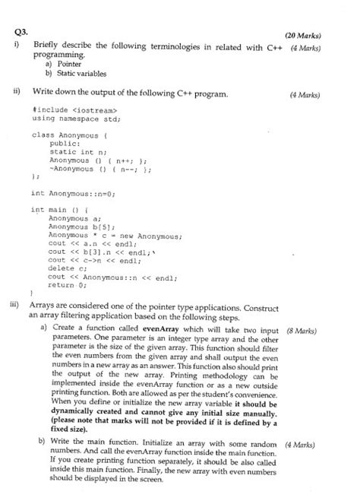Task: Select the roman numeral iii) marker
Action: click(x=16, y=301)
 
